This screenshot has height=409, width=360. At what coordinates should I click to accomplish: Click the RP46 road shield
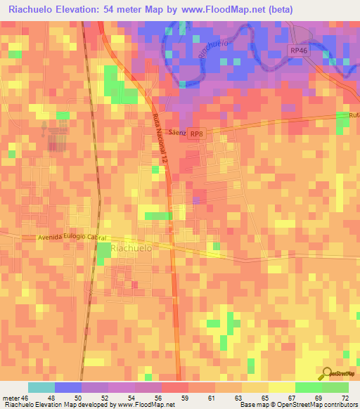(298, 51)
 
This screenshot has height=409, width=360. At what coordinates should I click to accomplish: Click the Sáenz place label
(177, 131)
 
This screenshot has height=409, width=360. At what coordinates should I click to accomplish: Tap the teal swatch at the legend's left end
(41, 387)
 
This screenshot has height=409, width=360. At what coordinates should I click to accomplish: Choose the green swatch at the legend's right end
(335, 387)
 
